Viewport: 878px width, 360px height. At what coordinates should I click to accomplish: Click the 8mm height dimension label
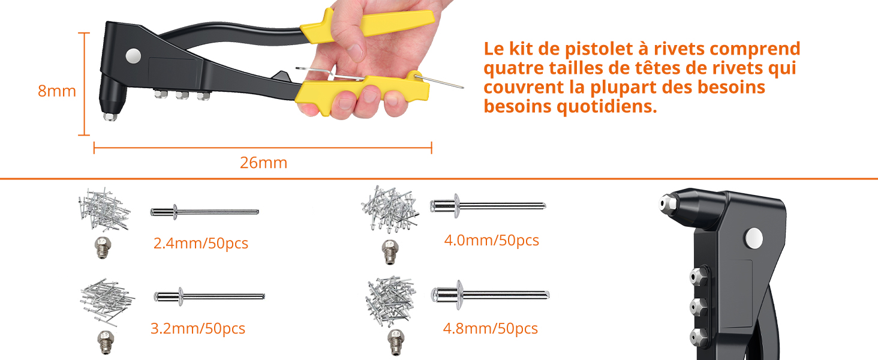[x=56, y=92]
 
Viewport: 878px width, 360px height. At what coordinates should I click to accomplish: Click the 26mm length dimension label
[x=263, y=163]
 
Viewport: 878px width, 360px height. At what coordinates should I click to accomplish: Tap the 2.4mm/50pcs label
[x=200, y=244]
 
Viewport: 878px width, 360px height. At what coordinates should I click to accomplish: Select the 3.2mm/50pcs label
[x=197, y=329]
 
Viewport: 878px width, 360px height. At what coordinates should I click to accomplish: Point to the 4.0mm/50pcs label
[x=491, y=241]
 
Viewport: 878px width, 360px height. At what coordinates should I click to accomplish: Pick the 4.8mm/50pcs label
[x=490, y=329]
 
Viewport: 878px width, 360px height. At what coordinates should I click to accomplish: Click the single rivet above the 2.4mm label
[x=204, y=211]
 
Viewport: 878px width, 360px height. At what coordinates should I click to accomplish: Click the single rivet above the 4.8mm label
[x=489, y=295]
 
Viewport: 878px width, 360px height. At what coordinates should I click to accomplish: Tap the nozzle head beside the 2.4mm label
[x=103, y=247]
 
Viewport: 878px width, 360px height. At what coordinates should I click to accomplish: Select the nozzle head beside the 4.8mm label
[x=393, y=341]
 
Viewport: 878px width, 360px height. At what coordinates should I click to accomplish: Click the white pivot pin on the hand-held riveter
[x=133, y=56]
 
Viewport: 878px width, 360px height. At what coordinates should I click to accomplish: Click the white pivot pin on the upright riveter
[x=754, y=238]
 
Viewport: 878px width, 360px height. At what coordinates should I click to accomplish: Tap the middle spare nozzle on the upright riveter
[x=696, y=305]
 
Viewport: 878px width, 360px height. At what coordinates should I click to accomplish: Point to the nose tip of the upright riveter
[x=663, y=204]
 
